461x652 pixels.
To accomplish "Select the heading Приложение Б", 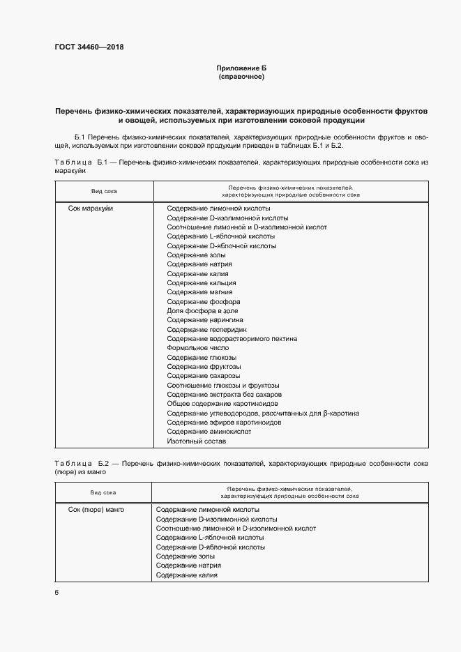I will pos(241,68).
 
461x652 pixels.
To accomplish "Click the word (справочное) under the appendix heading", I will pos(241,77).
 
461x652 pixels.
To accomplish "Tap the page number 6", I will pos(56,593).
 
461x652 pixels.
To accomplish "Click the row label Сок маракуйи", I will pos(91,209).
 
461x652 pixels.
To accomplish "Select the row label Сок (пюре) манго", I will pos(96,510).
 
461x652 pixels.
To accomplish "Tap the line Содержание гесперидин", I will pos(207,329).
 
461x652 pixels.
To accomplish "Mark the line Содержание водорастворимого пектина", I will pos(232,339).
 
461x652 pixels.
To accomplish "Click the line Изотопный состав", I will pos(197,441).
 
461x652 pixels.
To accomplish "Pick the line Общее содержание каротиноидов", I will pos(222,404).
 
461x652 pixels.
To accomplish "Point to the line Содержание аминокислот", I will pos(209,432).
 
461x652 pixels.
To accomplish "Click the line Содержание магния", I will pos(200,292).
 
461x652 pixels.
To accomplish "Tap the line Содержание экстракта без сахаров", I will pos(223,395).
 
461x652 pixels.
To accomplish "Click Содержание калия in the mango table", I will pos(187,575).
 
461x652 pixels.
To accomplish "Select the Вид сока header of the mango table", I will pos(103,492).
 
